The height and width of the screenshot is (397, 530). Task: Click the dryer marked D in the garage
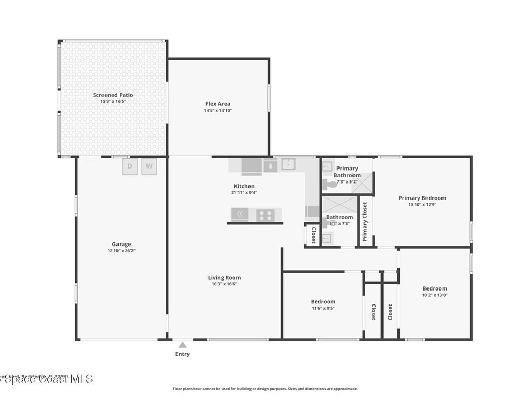tap(130, 166)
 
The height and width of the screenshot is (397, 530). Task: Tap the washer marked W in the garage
tap(149, 166)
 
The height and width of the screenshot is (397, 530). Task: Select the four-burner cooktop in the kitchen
tap(266, 215)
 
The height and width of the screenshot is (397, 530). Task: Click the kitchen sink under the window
tap(287, 165)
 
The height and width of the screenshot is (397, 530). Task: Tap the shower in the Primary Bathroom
tap(363, 182)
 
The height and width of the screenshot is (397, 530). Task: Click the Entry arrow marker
tap(182, 345)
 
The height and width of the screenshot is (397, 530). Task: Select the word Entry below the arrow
tap(182, 354)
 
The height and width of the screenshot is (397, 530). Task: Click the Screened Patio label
tap(113, 95)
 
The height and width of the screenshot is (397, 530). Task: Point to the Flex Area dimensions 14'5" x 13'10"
tap(218, 110)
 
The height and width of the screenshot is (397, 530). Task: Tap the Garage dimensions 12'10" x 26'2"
tap(122, 251)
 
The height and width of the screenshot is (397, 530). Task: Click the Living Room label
tap(224, 278)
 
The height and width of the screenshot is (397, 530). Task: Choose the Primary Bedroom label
tap(422, 198)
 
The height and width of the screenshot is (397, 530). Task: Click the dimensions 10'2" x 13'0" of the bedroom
tap(435, 295)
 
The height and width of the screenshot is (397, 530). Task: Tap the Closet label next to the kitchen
tap(313, 236)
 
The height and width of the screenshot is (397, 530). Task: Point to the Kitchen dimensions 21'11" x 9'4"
tap(244, 192)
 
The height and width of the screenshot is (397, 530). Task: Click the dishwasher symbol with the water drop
tap(271, 165)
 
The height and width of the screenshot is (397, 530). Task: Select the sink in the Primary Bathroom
tap(327, 166)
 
